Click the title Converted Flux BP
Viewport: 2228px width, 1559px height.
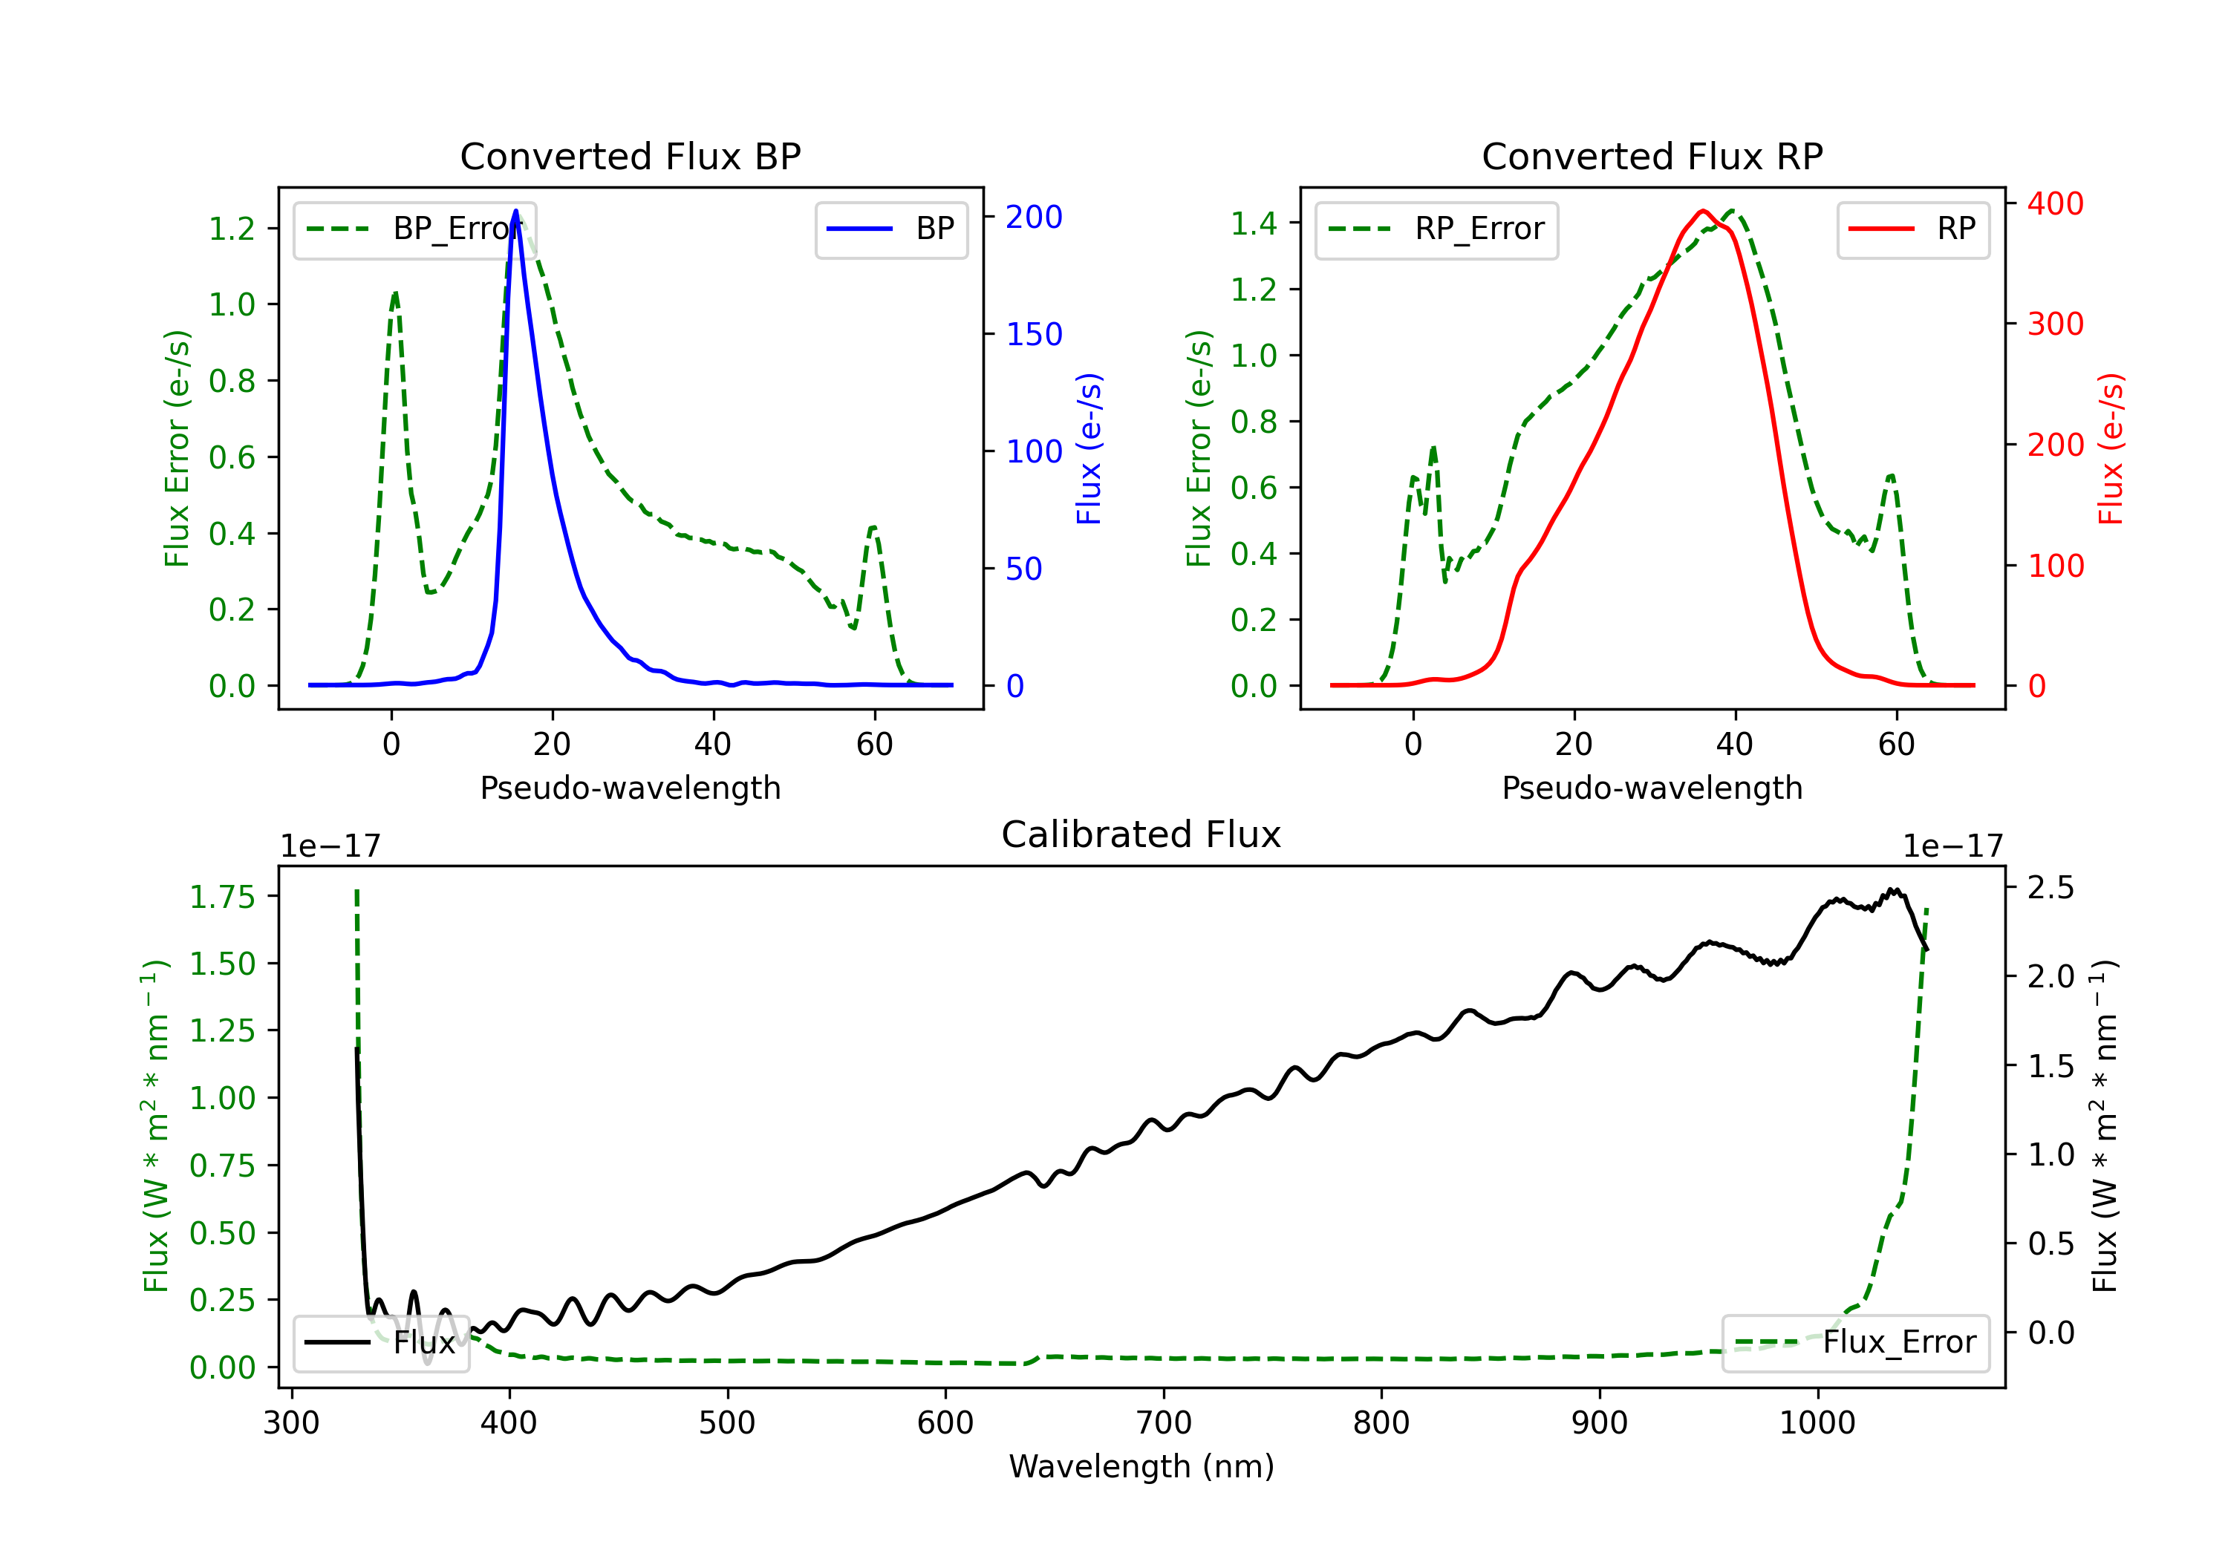tap(630, 156)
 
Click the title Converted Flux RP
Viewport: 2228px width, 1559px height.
tap(1652, 156)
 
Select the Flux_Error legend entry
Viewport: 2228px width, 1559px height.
tap(1855, 1343)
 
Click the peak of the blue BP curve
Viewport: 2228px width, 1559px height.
tap(515, 211)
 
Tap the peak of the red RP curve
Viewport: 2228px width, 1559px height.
tap(1702, 211)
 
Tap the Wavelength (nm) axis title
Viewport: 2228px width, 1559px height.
tap(1141, 1466)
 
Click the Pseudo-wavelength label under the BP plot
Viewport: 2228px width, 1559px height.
tap(630, 788)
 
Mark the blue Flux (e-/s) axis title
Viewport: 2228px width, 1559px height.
tap(1089, 449)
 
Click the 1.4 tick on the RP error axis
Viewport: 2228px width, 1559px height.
tap(1254, 223)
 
